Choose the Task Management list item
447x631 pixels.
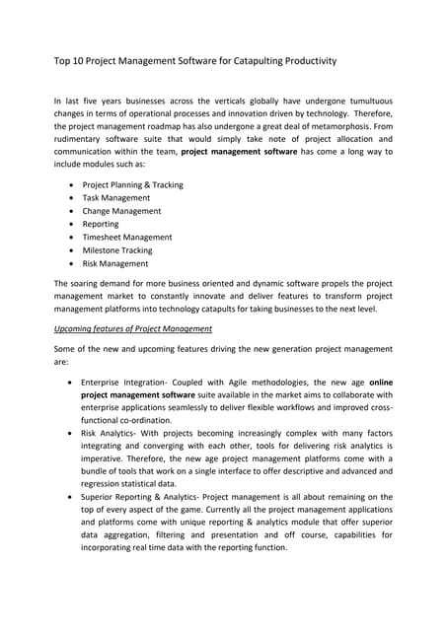tap(115, 198)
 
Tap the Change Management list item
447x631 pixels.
tap(120, 211)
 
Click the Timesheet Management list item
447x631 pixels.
tap(127, 238)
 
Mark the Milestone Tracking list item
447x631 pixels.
tap(117, 250)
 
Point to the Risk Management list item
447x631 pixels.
tap(115, 264)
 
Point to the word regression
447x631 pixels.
tap(108, 485)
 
